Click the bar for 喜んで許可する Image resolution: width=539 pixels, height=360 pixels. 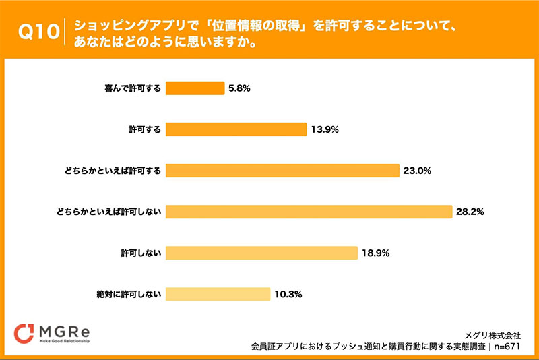point(195,88)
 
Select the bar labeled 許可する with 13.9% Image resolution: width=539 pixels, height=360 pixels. point(236,129)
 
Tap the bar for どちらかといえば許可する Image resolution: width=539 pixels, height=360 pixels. point(282,171)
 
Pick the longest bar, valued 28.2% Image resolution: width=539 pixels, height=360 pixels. point(309,212)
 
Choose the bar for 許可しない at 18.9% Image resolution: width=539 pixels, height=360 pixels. point(261,253)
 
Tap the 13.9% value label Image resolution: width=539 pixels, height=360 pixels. point(325,129)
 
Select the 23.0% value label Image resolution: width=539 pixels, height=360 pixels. point(418,171)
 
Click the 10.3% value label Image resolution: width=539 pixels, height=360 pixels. point(288,294)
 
